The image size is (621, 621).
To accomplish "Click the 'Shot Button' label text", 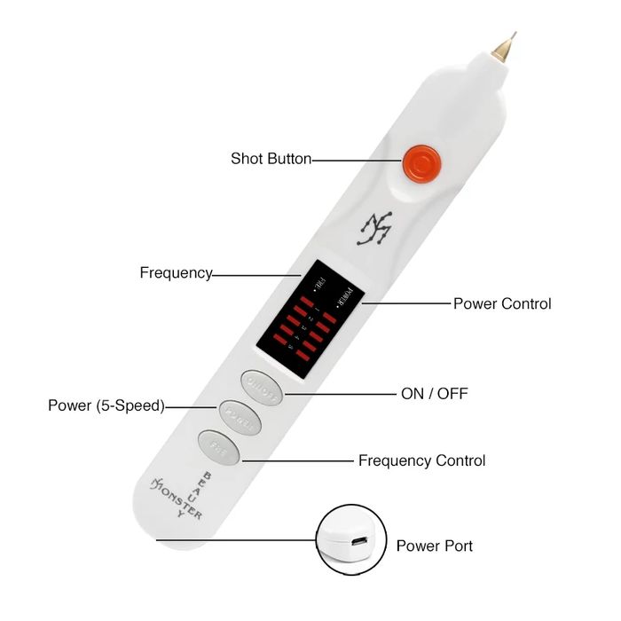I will [x=271, y=159].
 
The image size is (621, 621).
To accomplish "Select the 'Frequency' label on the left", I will [x=176, y=273].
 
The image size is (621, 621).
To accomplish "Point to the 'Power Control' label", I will [x=502, y=303].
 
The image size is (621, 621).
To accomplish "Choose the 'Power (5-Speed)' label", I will [x=106, y=406].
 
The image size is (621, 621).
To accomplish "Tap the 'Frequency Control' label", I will [x=421, y=461].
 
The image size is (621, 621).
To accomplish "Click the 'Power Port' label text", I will [x=434, y=546].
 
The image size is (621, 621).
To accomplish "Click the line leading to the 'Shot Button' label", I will [x=355, y=161].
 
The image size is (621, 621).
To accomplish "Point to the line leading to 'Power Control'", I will [x=404, y=303].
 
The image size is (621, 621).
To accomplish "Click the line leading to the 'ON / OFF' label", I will [x=337, y=393].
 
